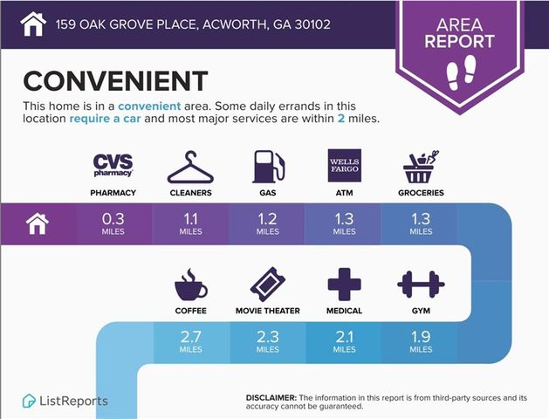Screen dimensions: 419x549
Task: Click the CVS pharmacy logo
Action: click(113, 165)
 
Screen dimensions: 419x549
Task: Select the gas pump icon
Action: click(267, 165)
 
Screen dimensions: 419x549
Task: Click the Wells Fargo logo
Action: click(343, 165)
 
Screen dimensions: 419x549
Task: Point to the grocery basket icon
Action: click(421, 166)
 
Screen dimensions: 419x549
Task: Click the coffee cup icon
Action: click(190, 285)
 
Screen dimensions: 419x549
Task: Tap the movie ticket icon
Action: click(267, 285)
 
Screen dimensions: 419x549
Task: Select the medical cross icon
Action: click(344, 285)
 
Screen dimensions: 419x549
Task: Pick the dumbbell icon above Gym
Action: click(421, 285)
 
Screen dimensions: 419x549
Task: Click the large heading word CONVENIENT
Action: click(115, 81)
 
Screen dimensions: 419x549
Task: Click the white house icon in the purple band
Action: click(36, 224)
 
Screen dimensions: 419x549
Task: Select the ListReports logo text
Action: click(74, 401)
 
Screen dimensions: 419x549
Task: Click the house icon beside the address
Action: click(32, 23)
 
